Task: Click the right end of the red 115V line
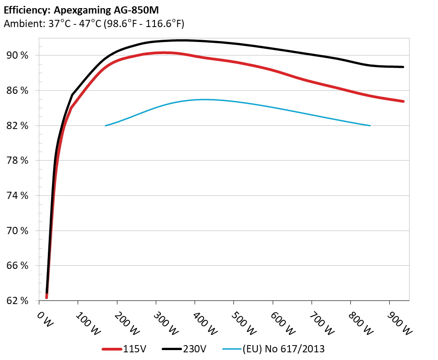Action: (x=403, y=102)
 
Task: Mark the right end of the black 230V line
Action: (x=403, y=67)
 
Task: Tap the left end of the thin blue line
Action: (x=106, y=125)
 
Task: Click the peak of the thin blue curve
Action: (x=203, y=99)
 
